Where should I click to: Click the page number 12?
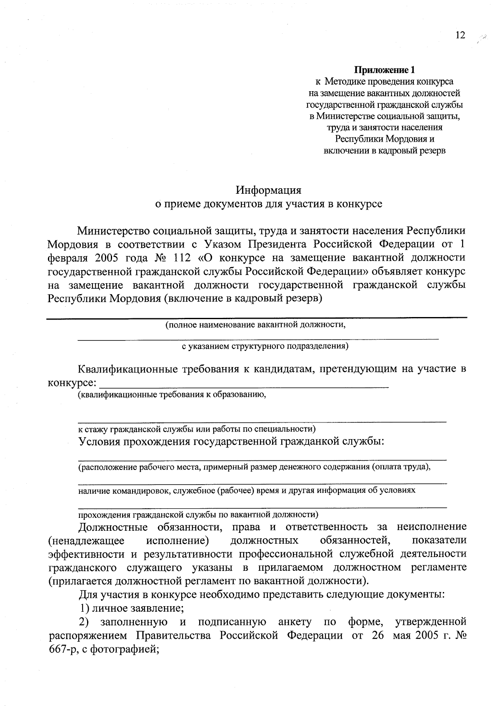pyautogui.click(x=460, y=35)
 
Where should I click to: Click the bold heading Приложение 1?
pyautogui.click(x=385, y=70)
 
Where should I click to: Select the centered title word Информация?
pyautogui.click(x=268, y=190)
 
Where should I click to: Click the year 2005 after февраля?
pyautogui.click(x=107, y=258)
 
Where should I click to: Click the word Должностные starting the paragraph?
pyautogui.click(x=113, y=527)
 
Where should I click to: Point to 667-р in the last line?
pyautogui.click(x=61, y=649)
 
